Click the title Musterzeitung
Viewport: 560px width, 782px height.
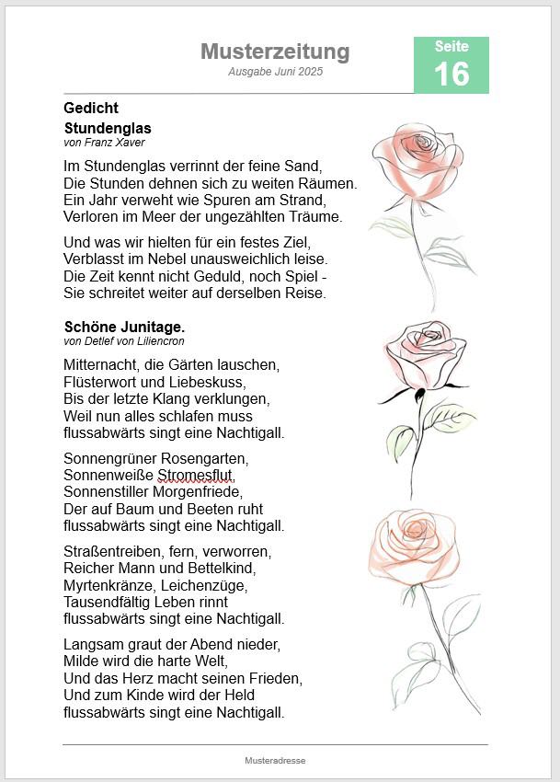[275, 52]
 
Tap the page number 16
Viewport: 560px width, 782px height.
[451, 74]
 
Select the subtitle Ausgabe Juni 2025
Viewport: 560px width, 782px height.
[276, 72]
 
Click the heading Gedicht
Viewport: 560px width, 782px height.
[91, 109]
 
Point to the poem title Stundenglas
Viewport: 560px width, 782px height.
[108, 128]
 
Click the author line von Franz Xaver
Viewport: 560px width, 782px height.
[104, 143]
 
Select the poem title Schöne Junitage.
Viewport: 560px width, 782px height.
[124, 327]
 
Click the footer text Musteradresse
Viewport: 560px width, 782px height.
[275, 761]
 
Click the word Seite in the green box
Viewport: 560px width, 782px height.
[451, 47]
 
